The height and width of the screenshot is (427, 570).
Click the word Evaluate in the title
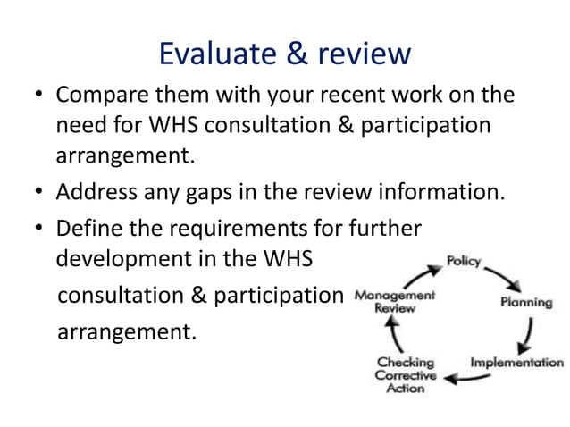(212, 54)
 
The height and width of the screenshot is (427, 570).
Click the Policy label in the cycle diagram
(464, 262)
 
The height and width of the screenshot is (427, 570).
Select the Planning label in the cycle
(525, 302)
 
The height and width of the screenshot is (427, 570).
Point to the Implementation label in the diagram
(517, 363)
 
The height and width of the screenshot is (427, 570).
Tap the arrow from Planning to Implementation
(529, 335)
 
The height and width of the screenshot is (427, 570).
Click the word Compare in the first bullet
(100, 96)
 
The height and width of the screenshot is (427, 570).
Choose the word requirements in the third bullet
(232, 228)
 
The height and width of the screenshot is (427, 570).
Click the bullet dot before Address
(39, 191)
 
